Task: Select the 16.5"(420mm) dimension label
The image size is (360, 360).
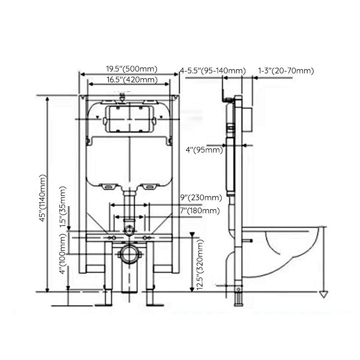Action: click(131, 80)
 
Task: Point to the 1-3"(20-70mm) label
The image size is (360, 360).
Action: click(286, 71)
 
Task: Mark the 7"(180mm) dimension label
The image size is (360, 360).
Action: click(201, 210)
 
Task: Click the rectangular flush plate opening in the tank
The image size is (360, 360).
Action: click(129, 119)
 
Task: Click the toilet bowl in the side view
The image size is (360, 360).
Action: click(288, 245)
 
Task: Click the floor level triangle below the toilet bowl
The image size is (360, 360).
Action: click(322, 295)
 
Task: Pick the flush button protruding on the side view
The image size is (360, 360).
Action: click(247, 120)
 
